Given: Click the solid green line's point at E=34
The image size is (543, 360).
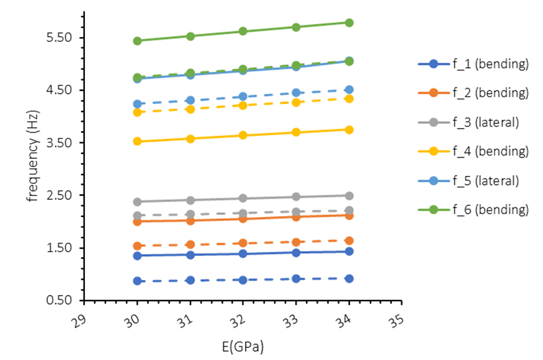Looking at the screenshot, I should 349,23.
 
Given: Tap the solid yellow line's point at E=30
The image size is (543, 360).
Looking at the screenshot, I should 137,142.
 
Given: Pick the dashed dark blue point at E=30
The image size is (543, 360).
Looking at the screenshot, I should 137,281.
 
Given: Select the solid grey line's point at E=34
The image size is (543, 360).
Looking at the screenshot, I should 349,196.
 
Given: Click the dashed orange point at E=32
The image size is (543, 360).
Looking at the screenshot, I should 243,243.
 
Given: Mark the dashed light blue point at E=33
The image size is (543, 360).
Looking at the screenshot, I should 296,92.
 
